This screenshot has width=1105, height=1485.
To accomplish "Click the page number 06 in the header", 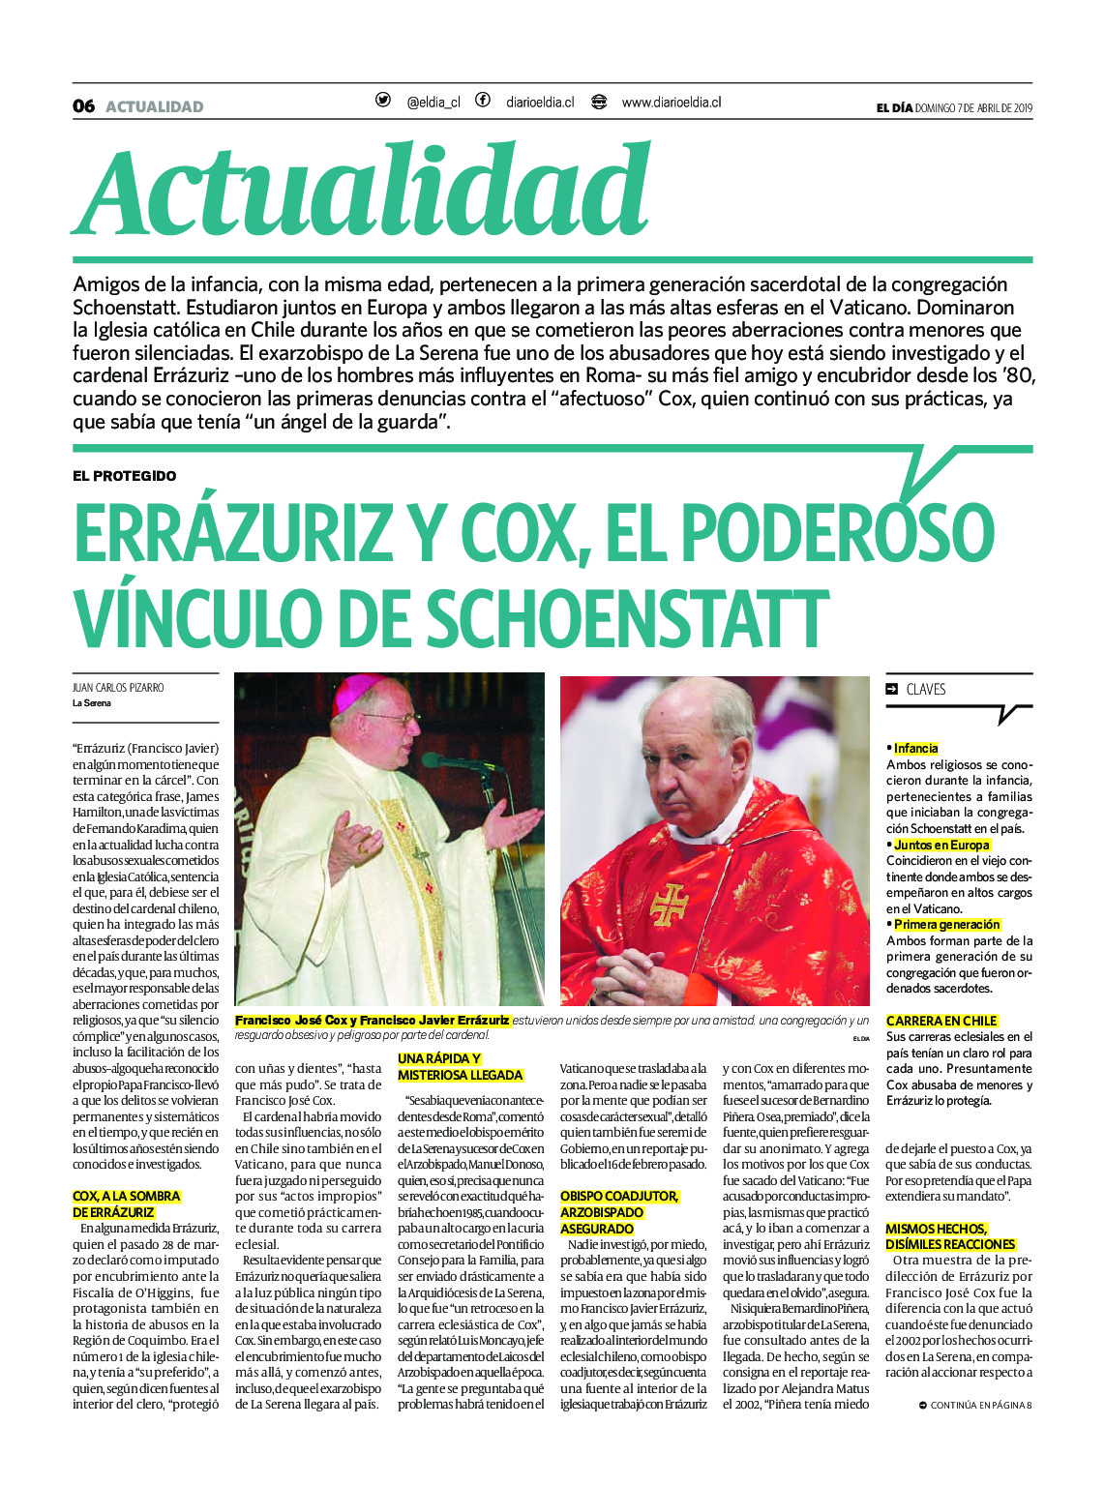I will (83, 106).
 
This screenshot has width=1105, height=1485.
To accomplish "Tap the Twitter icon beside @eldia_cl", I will (383, 101).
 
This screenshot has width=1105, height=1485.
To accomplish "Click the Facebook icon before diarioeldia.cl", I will (483, 101).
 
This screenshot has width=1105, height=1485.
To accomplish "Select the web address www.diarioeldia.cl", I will (671, 102).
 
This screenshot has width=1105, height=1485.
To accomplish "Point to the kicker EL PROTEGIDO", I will (124, 476).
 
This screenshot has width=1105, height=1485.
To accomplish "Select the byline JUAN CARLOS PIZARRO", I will (118, 688).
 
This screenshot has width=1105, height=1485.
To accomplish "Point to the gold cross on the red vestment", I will (669, 905).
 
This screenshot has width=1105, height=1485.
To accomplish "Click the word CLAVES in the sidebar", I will (925, 690).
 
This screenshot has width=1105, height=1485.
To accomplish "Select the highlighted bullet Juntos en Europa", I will (941, 845).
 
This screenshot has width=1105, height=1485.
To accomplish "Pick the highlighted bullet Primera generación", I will (946, 925).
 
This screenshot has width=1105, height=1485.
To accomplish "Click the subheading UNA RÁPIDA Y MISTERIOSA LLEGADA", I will (460, 1067).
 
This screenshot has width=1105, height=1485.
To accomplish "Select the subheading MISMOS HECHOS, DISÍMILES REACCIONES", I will (950, 1236).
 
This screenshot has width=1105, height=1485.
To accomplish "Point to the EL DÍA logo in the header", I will (894, 108).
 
